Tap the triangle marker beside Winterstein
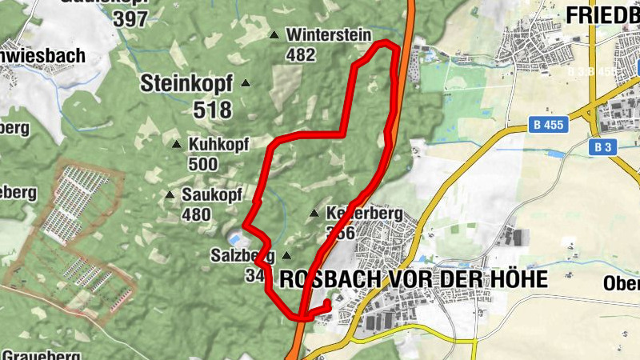(x=274, y=35)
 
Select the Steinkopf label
(x=187, y=82)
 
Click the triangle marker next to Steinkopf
(x=246, y=83)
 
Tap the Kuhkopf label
(x=219, y=145)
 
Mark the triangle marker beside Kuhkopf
(x=177, y=144)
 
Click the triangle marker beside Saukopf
(x=169, y=195)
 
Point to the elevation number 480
(x=196, y=214)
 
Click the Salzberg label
(x=243, y=256)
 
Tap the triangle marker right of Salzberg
(x=286, y=256)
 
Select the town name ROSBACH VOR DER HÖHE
(x=414, y=279)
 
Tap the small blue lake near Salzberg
(x=234, y=238)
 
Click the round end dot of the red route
(x=328, y=303)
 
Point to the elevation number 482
(x=301, y=54)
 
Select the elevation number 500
(x=203, y=164)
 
